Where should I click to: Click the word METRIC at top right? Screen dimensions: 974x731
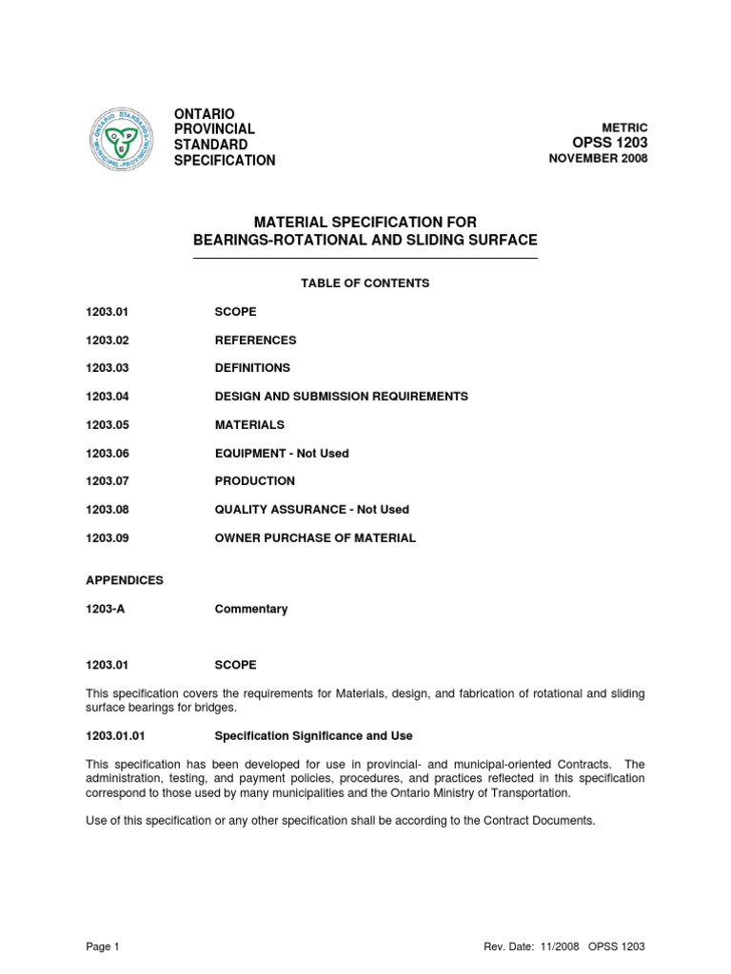pyautogui.click(x=624, y=127)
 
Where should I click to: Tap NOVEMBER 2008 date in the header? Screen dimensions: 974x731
pyautogui.click(x=599, y=159)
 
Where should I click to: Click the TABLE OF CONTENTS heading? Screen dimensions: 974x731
pyautogui.click(x=365, y=283)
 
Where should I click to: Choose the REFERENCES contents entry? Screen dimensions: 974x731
pyautogui.click(x=255, y=340)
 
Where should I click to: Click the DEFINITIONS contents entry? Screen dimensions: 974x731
pyautogui.click(x=252, y=368)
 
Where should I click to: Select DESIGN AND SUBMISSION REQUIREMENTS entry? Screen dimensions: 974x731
pyautogui.click(x=341, y=397)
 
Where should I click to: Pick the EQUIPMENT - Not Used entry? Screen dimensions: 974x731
pyautogui.click(x=282, y=454)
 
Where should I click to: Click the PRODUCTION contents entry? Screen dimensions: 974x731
pyautogui.click(x=254, y=481)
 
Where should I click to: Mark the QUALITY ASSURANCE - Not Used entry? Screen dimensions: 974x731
pyautogui.click(x=311, y=510)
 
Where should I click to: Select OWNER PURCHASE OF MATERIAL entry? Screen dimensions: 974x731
pyautogui.click(x=315, y=538)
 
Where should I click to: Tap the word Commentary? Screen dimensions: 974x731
pyautogui.click(x=251, y=609)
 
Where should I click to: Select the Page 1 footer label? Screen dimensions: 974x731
pyautogui.click(x=102, y=947)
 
